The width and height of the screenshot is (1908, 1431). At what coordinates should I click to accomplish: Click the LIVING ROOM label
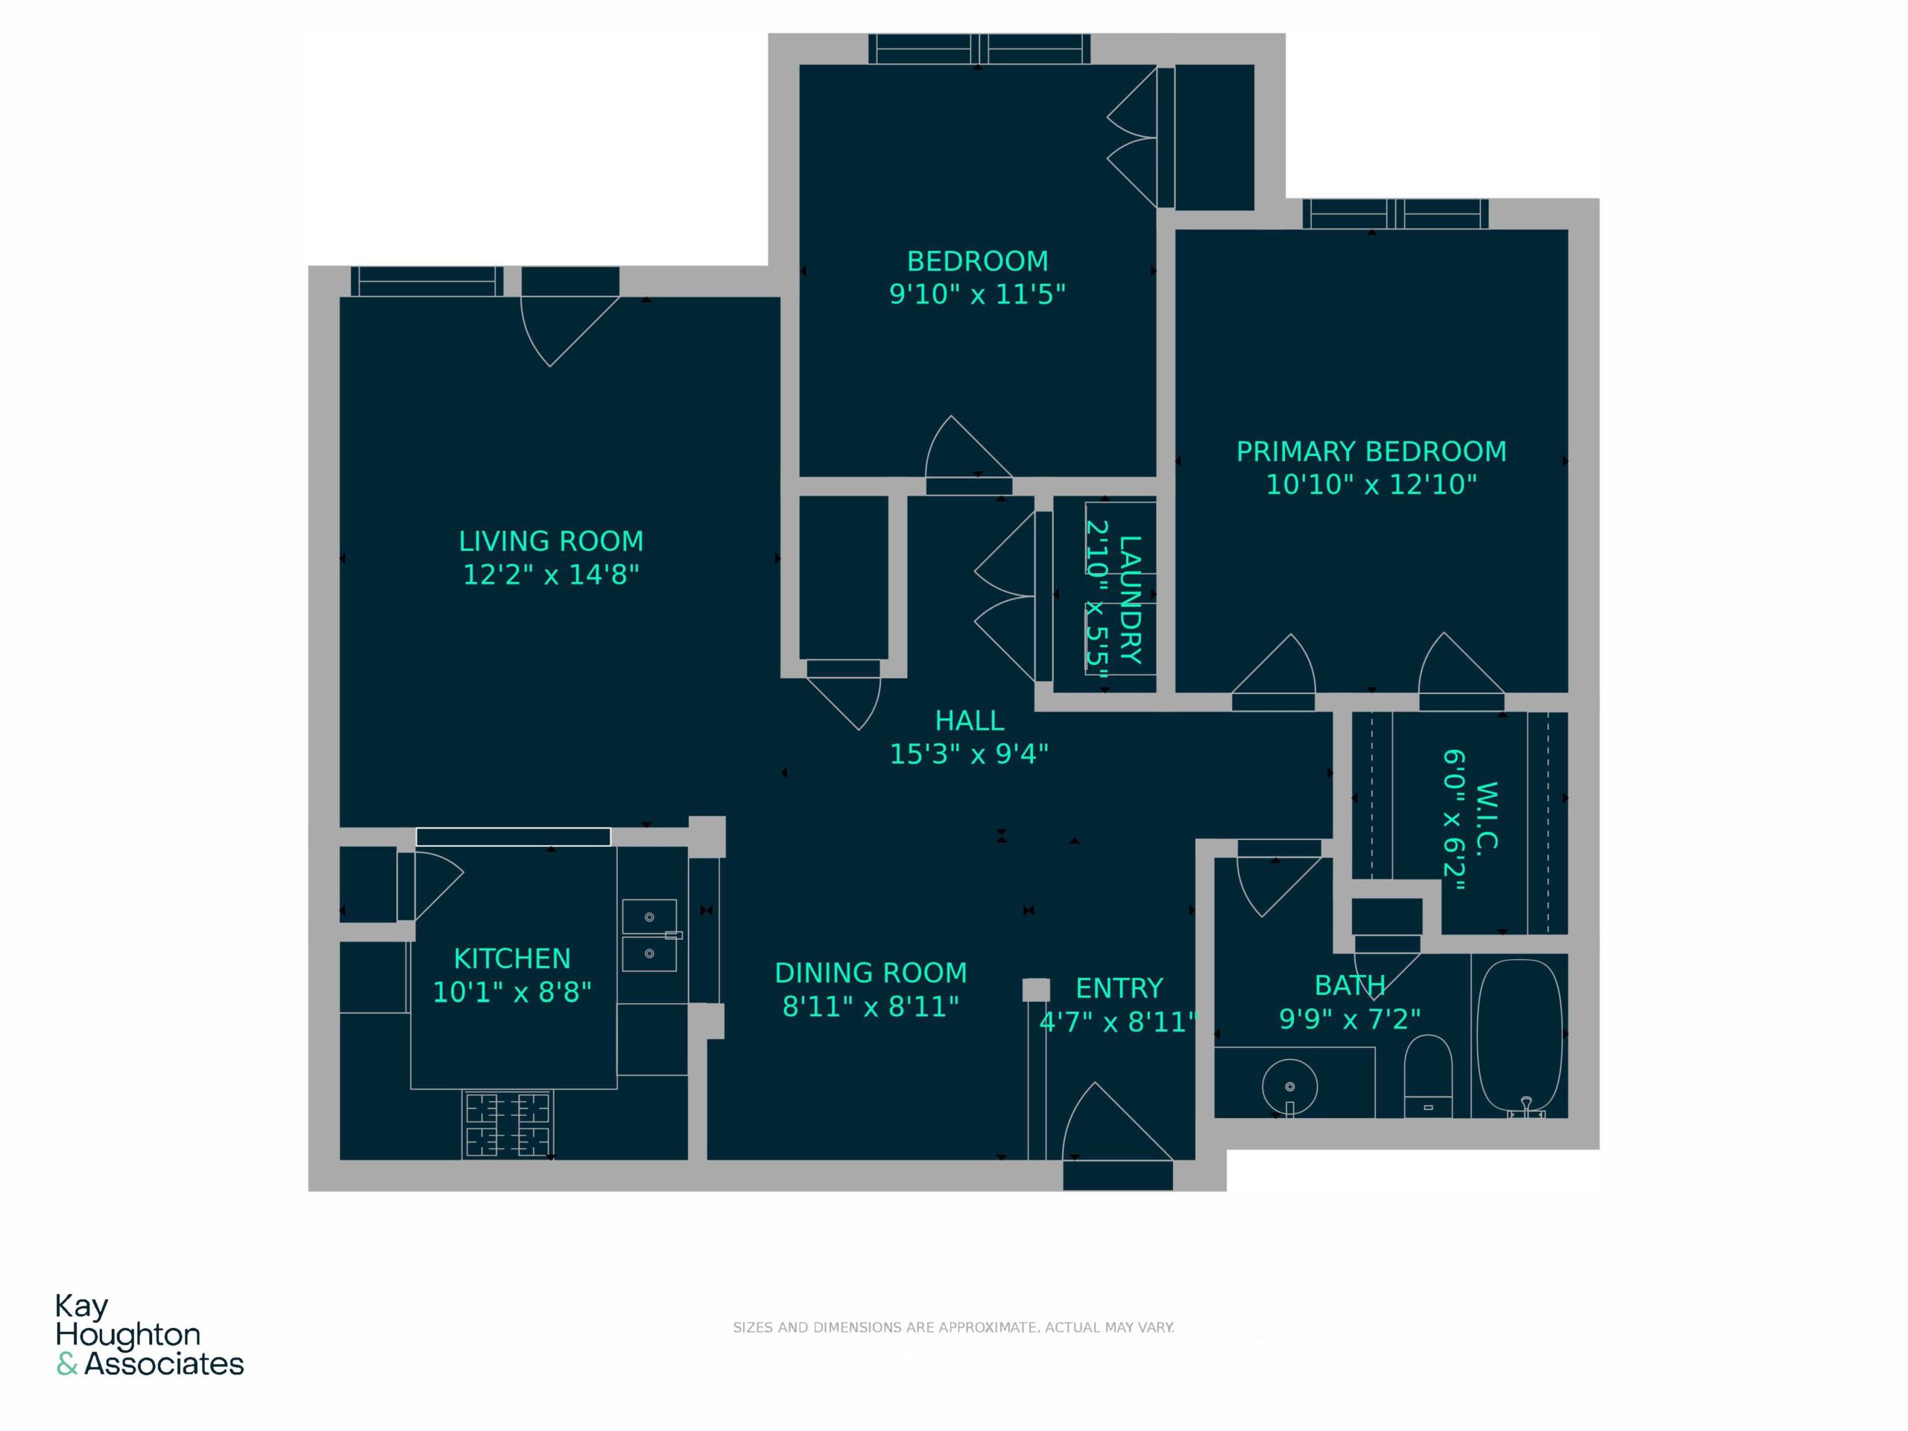tap(552, 542)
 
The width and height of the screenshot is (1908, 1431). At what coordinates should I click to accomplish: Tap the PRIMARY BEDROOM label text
tap(1371, 452)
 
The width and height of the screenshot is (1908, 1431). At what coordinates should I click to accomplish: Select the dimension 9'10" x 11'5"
tap(977, 294)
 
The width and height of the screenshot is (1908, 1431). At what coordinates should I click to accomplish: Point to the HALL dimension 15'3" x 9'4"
tap(969, 754)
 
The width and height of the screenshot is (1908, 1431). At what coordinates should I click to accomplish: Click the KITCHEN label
tap(512, 958)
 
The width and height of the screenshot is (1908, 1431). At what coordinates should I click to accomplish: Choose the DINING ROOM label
tap(871, 973)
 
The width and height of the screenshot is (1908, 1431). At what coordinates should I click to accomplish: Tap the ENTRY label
tap(1119, 988)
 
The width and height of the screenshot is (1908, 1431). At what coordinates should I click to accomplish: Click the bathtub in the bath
tap(1520, 1037)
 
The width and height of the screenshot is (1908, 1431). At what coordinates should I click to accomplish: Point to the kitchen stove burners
tap(508, 1125)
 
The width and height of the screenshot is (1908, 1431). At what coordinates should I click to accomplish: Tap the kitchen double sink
tap(649, 936)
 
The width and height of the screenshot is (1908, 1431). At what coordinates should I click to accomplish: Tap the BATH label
tap(1350, 985)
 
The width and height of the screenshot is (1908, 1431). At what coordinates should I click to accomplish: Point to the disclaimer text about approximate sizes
tap(953, 1327)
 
